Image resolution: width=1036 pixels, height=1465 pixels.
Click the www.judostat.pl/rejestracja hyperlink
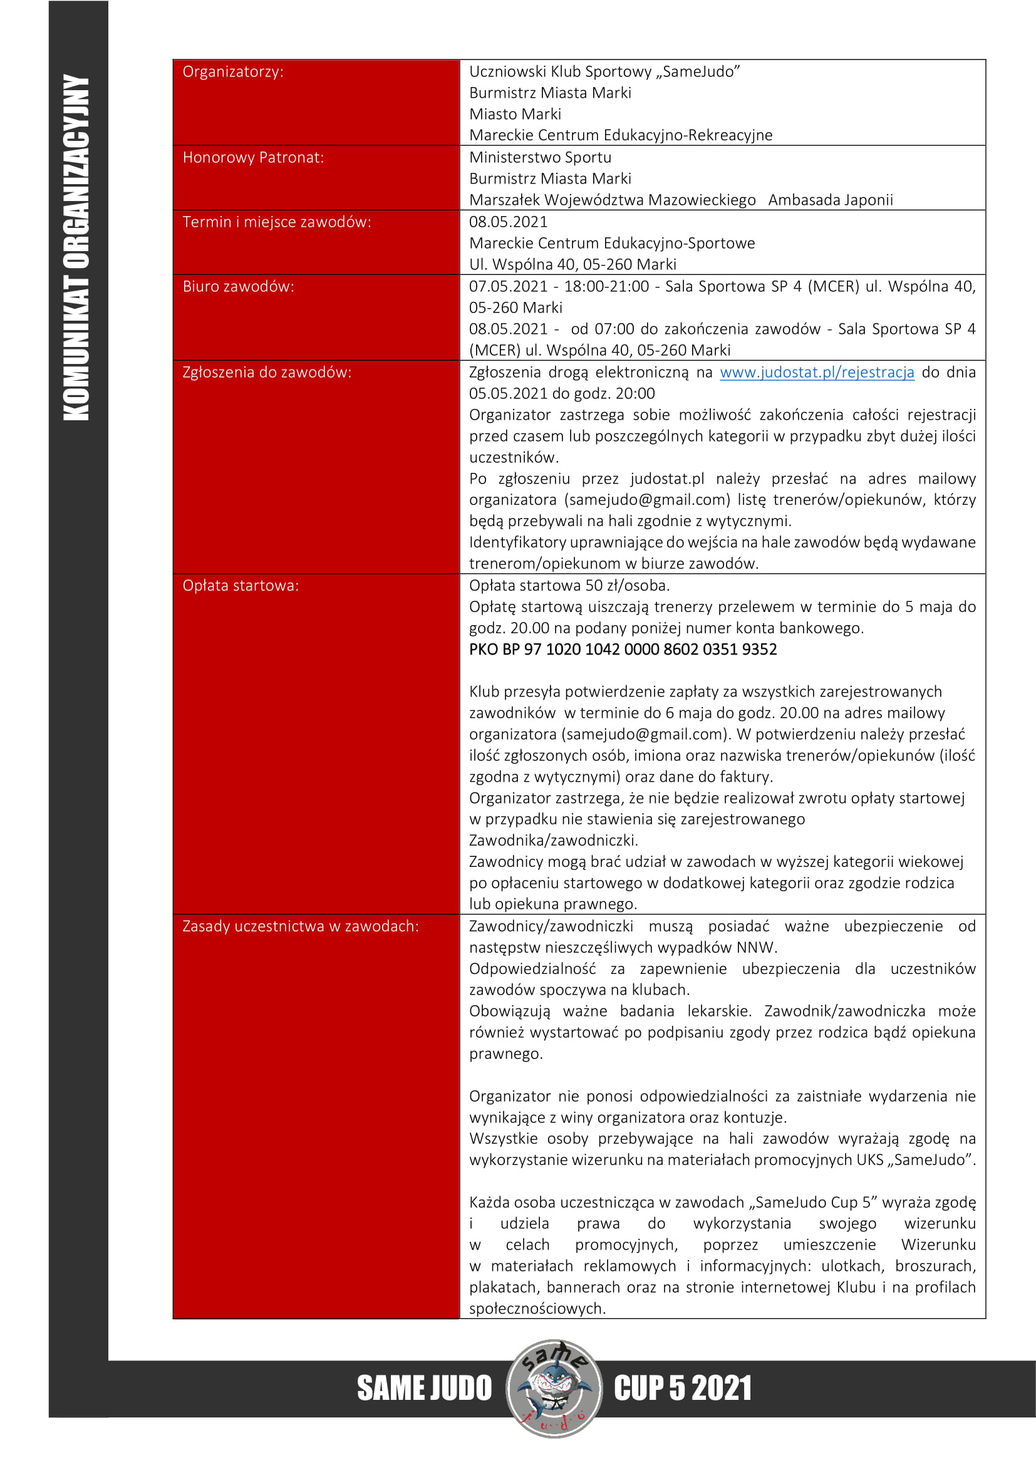click(817, 372)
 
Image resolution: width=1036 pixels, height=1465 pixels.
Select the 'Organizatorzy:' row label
click(233, 71)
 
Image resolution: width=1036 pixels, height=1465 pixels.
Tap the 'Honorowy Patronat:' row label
click(253, 158)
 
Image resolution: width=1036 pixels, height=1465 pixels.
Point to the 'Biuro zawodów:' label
click(239, 286)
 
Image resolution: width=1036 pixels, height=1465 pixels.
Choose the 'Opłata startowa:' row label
click(241, 586)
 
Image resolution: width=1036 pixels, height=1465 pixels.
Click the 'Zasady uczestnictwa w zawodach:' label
click(301, 926)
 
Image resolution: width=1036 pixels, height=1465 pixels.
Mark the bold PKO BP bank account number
click(623, 650)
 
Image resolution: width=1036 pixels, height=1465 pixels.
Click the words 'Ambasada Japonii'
click(830, 200)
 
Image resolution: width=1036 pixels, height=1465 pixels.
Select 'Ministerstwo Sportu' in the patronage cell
click(541, 158)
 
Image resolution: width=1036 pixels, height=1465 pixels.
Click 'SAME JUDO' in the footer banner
click(424, 1389)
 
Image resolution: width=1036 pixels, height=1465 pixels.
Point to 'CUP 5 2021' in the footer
click(683, 1389)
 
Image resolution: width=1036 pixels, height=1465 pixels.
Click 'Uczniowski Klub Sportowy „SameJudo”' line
click(604, 71)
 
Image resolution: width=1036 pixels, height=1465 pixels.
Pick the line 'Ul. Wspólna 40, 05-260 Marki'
click(572, 264)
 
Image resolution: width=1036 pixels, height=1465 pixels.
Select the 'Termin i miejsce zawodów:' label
click(277, 222)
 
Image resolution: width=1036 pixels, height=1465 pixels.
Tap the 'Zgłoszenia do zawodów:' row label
click(267, 372)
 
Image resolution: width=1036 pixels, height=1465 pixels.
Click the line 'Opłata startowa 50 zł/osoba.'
click(569, 586)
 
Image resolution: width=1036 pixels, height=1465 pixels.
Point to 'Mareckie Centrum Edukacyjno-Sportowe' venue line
click(612, 243)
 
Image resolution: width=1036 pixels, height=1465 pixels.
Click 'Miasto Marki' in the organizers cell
click(515, 114)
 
